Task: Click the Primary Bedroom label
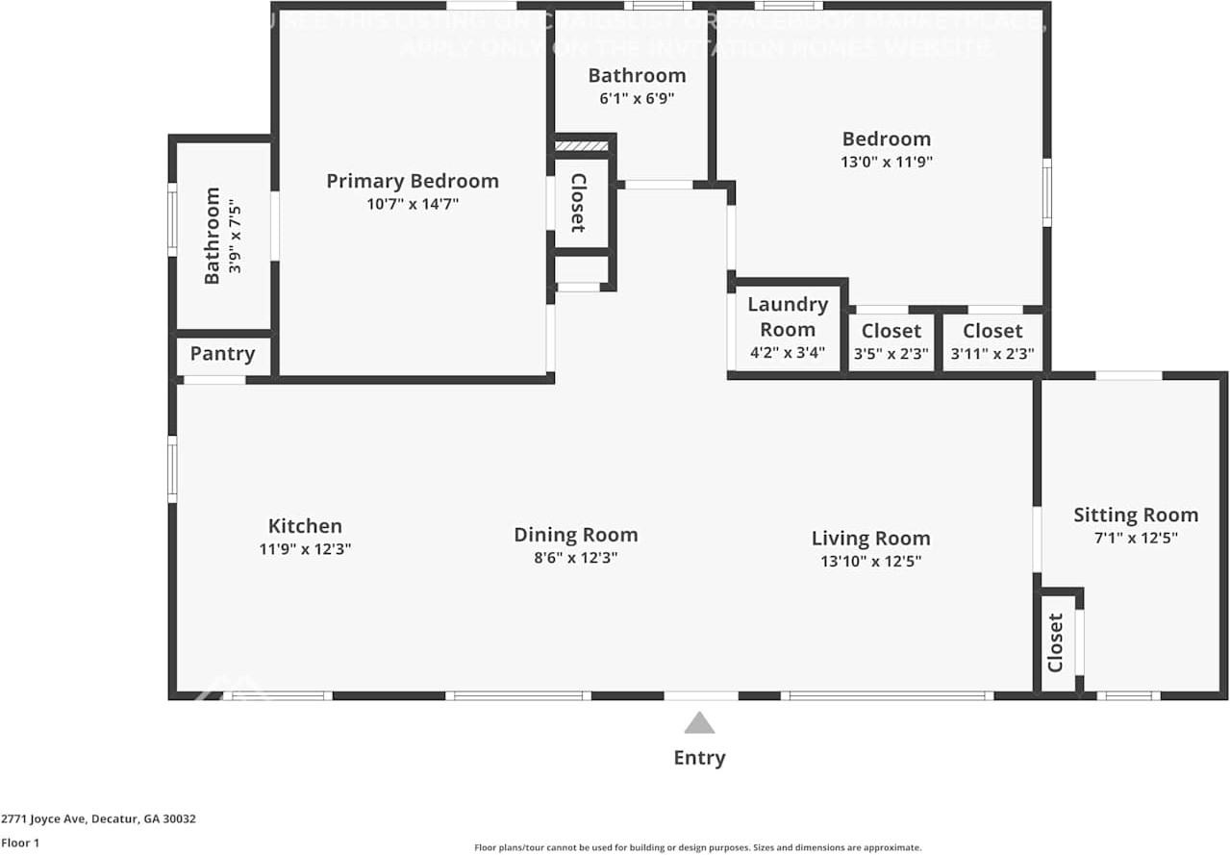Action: click(x=412, y=181)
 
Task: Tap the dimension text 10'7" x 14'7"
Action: click(x=412, y=204)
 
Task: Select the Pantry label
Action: click(x=222, y=354)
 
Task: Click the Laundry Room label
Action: click(x=788, y=316)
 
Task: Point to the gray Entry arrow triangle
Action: click(x=699, y=723)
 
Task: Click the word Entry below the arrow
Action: click(x=699, y=758)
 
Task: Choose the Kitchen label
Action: click(x=305, y=526)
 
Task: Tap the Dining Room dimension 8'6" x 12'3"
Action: click(x=575, y=558)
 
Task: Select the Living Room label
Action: click(x=870, y=539)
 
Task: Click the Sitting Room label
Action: click(x=1136, y=516)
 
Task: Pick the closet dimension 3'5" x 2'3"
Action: click(x=891, y=354)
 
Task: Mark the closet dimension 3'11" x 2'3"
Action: click(x=992, y=354)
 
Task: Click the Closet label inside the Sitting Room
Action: click(x=1056, y=642)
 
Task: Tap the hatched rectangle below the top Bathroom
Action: click(x=583, y=146)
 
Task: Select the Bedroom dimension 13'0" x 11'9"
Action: click(x=886, y=162)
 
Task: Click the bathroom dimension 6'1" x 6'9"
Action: click(x=637, y=98)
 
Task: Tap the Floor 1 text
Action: click(x=20, y=842)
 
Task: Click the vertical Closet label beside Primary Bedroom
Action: click(x=578, y=203)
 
